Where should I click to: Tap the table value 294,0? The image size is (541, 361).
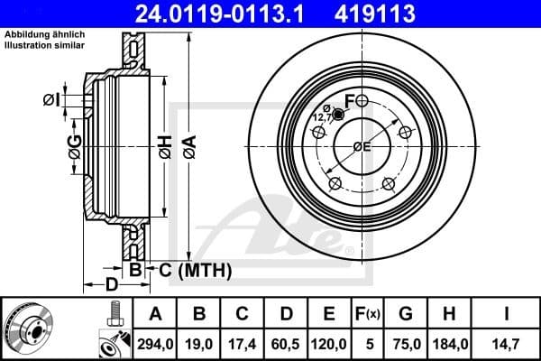click(155, 342)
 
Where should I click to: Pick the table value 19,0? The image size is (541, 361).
click(199, 342)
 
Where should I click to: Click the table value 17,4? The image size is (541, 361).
click(243, 342)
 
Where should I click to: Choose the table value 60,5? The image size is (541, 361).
click(286, 342)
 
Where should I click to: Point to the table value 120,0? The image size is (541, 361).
click(330, 342)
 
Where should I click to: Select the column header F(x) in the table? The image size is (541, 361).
click(369, 315)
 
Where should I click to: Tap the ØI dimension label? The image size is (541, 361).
click(50, 99)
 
